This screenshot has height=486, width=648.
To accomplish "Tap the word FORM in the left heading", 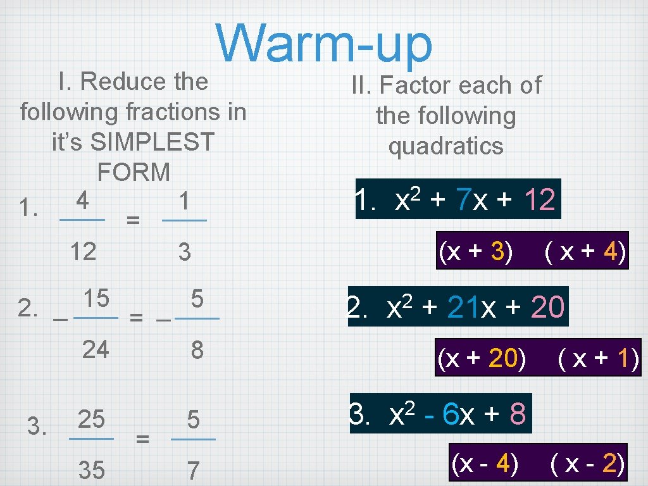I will (x=134, y=171).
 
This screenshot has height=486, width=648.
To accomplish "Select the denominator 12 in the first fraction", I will (x=83, y=252).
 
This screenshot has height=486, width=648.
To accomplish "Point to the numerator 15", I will (x=96, y=297).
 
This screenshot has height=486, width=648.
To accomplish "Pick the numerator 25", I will (x=91, y=419).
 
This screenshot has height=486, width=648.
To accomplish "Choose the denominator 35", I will (x=91, y=470).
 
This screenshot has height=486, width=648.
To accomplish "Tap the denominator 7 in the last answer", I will (x=193, y=470).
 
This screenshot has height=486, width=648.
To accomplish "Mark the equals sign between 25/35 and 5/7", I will (x=143, y=438).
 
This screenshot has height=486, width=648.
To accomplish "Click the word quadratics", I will (x=446, y=146).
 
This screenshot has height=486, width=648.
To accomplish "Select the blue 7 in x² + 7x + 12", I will (x=464, y=201).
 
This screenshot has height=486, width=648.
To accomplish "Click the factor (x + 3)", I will (x=476, y=253).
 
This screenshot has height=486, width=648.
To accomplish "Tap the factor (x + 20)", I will (x=482, y=359).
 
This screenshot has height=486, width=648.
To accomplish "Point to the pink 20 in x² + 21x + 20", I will (x=547, y=308).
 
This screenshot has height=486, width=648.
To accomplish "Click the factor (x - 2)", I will (x=589, y=464).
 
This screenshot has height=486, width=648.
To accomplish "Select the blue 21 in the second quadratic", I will (x=464, y=308).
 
